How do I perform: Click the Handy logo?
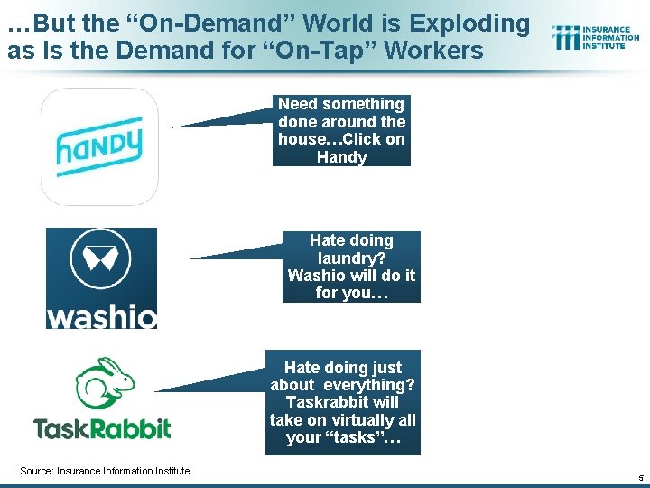pyautogui.click(x=99, y=146)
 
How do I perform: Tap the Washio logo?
pyautogui.click(x=101, y=278)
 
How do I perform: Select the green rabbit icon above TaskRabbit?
pyautogui.click(x=104, y=383)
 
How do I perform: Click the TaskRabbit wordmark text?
pyautogui.click(x=102, y=427)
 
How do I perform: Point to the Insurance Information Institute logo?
pyautogui.click(x=595, y=37)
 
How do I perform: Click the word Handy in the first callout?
pyautogui.click(x=341, y=157)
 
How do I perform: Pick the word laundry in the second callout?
pyautogui.click(x=351, y=258)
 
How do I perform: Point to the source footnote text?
pyautogui.click(x=107, y=469)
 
